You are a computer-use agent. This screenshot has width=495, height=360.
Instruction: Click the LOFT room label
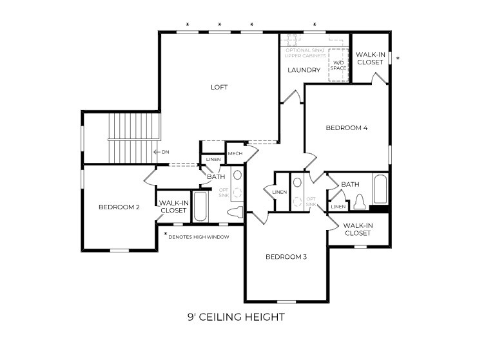(x=219, y=87)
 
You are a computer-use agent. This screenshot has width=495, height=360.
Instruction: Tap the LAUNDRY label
(x=304, y=70)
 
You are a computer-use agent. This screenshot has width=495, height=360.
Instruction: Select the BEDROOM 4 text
(x=346, y=128)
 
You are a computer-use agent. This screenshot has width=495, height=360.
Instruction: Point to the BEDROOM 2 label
(x=119, y=207)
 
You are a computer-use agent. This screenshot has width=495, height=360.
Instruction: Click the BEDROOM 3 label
(x=286, y=257)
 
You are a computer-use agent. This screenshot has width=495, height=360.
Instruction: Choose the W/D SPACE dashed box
(x=338, y=65)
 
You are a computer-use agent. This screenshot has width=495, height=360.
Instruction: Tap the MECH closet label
(x=235, y=153)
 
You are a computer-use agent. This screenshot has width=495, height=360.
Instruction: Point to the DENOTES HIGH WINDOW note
(x=199, y=236)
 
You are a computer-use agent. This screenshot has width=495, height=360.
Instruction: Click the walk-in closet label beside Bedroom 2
(x=173, y=207)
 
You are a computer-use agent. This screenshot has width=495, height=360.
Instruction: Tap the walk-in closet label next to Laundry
(x=370, y=59)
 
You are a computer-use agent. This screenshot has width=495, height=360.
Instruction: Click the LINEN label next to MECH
(x=213, y=159)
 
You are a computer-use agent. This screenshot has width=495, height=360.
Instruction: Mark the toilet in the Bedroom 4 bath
(x=359, y=202)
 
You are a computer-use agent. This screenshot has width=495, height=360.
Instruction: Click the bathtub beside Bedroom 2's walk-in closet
(x=200, y=207)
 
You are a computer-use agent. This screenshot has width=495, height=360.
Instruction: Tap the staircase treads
(x=133, y=137)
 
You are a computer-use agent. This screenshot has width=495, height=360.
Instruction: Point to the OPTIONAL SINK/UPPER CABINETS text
(x=306, y=53)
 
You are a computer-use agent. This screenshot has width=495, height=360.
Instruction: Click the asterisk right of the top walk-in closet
(x=398, y=59)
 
